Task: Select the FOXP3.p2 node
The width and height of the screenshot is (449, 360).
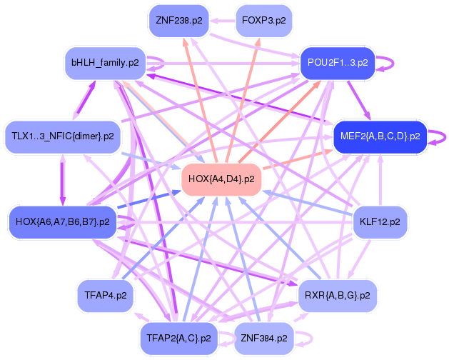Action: (263, 21)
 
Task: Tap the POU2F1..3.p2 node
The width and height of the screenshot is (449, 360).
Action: (338, 62)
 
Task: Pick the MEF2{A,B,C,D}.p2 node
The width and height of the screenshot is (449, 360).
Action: (380, 135)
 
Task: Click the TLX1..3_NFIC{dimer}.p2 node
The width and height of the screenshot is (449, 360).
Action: (63, 135)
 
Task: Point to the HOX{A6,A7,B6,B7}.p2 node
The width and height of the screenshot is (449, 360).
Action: (62, 222)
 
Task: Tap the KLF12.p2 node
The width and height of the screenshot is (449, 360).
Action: (380, 222)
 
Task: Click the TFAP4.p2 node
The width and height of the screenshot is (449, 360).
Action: (106, 294)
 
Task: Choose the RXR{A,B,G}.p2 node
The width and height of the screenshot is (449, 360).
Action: (337, 294)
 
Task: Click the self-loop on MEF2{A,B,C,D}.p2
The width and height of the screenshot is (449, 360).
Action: (438, 135)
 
